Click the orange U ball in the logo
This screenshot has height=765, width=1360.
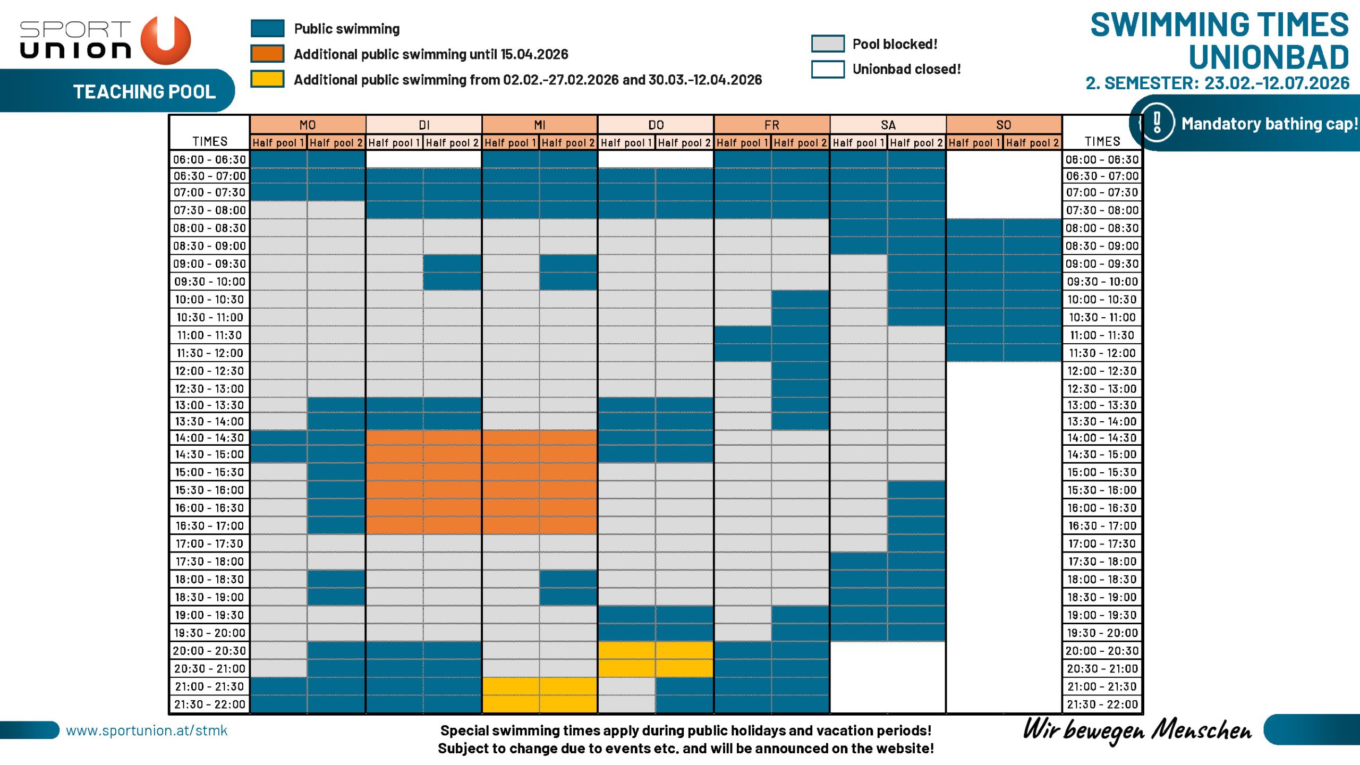point(166,40)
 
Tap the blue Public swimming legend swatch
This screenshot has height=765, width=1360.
point(267,28)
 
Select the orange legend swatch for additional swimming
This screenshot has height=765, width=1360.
point(267,54)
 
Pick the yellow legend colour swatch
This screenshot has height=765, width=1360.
point(267,79)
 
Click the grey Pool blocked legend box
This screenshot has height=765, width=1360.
point(827,44)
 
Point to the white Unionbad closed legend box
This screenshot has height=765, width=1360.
point(827,69)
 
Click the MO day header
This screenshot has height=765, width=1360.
point(308,125)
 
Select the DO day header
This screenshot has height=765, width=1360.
point(656,125)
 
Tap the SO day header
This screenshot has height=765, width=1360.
point(1004,125)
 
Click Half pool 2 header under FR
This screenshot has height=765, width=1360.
point(800,142)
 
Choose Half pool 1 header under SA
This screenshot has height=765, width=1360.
point(858,142)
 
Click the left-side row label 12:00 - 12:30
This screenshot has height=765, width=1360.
point(210,371)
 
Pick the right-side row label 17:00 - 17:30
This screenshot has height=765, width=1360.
point(1102,543)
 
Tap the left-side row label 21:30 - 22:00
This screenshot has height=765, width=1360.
point(210,704)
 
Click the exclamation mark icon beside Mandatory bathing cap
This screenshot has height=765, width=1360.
point(1157,123)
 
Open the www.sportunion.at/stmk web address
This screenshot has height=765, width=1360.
point(147,730)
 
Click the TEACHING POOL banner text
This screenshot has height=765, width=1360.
point(144,92)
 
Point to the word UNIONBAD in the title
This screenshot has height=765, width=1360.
point(1268,57)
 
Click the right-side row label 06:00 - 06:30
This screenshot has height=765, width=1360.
point(1102,159)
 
